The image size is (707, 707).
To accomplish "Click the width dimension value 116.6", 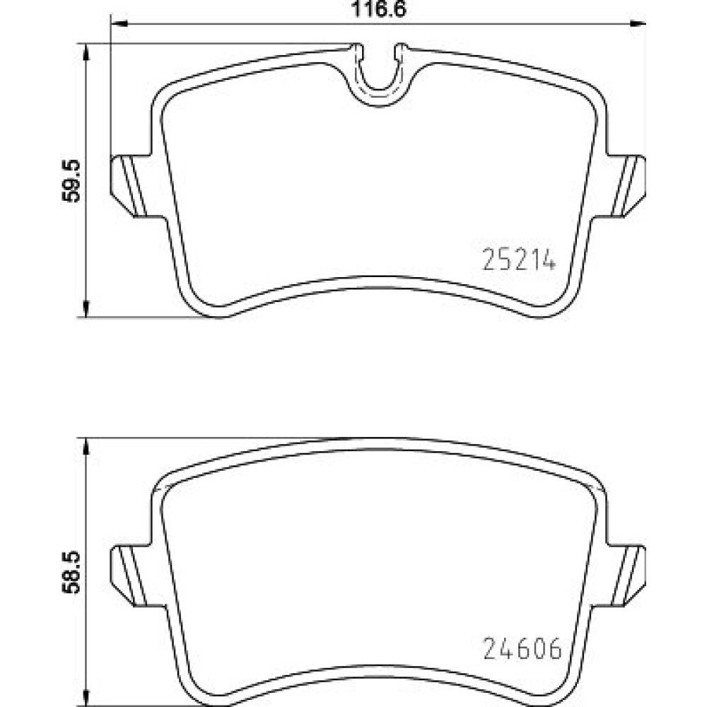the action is click(x=378, y=9).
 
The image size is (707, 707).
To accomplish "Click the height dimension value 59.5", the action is click(x=71, y=181).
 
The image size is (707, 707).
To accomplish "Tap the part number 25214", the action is click(x=518, y=259).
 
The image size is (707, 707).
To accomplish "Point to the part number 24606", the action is click(x=522, y=648).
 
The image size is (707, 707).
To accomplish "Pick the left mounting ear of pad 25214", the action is click(x=130, y=186).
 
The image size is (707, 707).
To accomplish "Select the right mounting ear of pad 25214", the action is click(x=626, y=186).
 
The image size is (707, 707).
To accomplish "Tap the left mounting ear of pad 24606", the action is click(x=130, y=575).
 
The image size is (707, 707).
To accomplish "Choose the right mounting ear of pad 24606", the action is click(x=626, y=575).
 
